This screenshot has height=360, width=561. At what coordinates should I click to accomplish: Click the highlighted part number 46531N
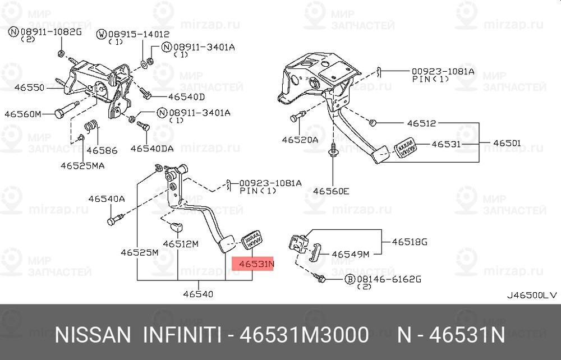click(x=256, y=264)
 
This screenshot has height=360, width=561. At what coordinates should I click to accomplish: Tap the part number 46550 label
click(x=30, y=87)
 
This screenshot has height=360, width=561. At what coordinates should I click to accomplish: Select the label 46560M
click(x=23, y=114)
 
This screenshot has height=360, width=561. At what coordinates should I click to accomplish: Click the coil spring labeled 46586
click(x=92, y=127)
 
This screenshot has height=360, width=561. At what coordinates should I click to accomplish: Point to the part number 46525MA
click(x=82, y=166)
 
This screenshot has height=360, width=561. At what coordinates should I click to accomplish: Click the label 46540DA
click(x=152, y=149)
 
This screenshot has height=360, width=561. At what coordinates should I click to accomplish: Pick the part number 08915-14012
click(x=139, y=34)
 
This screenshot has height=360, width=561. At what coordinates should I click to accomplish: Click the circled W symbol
click(x=102, y=34)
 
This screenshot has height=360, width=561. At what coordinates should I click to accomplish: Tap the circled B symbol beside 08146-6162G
click(x=349, y=279)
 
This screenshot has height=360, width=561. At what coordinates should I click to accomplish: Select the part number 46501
click(x=507, y=143)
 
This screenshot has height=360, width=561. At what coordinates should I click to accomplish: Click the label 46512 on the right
click(x=422, y=123)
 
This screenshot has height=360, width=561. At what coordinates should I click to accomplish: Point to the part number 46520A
click(x=300, y=140)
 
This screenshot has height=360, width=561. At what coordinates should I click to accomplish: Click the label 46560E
click(x=332, y=191)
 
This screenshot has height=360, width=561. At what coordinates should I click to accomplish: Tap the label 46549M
click(x=351, y=255)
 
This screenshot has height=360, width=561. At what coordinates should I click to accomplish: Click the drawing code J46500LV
click(x=532, y=296)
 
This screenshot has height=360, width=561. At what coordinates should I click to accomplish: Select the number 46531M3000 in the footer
click(x=304, y=335)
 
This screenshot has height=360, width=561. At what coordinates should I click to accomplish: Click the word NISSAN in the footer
click(x=93, y=335)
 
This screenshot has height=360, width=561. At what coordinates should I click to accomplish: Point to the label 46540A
click(x=107, y=199)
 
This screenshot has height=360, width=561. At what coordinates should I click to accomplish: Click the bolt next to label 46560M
click(x=67, y=109)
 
